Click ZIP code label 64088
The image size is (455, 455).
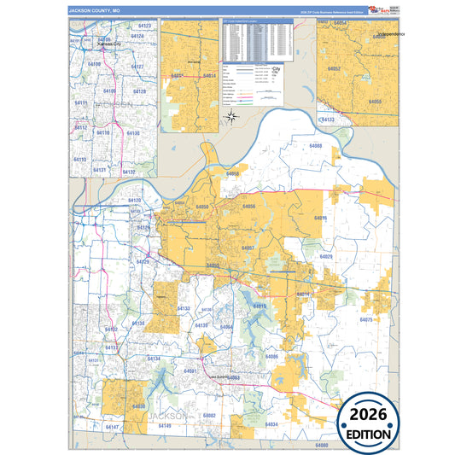coord(315,147)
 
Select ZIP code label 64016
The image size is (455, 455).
coord(320,219)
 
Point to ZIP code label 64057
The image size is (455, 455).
coord(248,248)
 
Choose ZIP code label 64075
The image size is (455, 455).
coord(367,319)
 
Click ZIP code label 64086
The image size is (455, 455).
coord(271,356)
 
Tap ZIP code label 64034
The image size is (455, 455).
coord(271,424)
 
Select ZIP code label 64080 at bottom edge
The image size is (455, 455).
coord(322,445)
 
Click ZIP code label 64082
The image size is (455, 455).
coord(207,416)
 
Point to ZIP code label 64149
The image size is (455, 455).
coord(165,425)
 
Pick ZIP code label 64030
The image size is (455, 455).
coord(138,407)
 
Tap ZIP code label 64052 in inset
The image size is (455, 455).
coord(335,68)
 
